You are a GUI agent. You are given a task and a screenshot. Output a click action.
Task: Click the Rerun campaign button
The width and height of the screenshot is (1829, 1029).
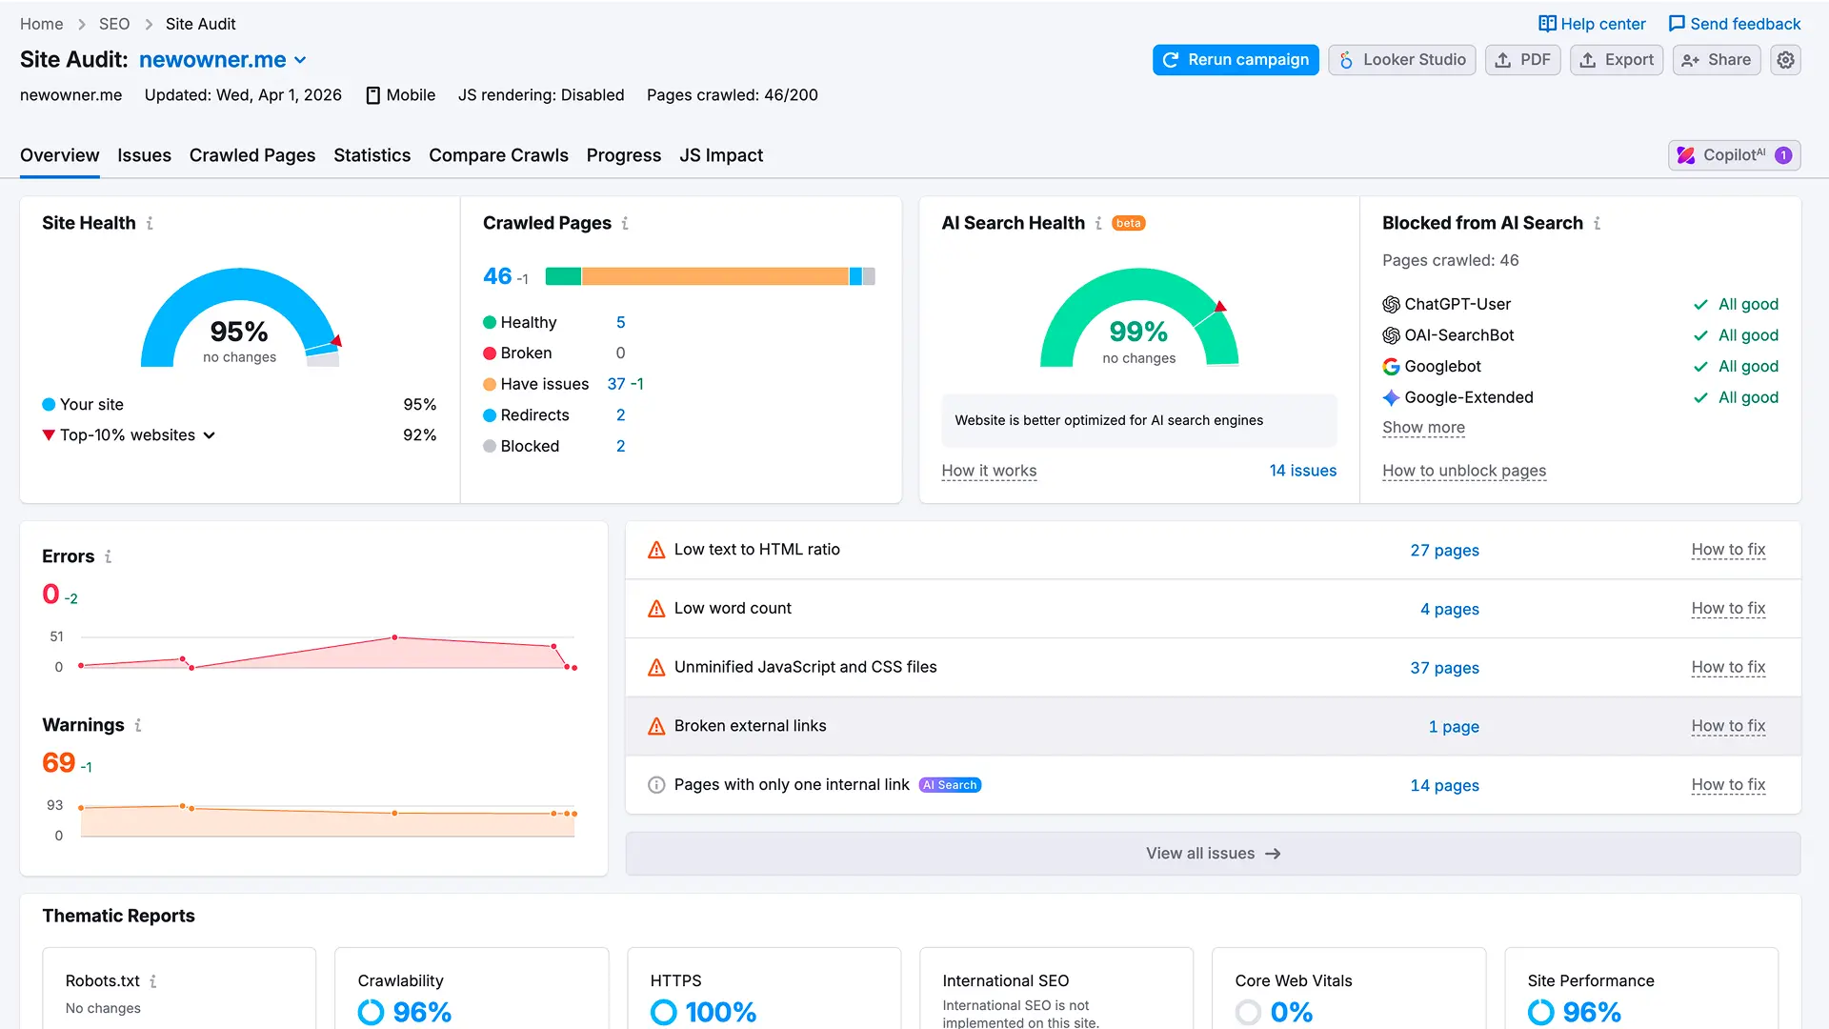pos(1236,60)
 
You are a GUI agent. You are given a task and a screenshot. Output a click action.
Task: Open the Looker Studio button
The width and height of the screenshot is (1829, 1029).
pos(1402,60)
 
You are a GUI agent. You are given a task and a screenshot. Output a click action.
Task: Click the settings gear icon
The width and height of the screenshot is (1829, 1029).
pos(1785,60)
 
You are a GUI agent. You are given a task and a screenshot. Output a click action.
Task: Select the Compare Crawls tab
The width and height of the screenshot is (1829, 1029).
pos(498,155)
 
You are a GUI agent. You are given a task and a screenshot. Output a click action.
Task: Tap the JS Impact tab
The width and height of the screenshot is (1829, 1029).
pos(721,155)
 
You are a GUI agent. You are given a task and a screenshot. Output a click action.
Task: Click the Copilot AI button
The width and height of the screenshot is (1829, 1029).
pos(1734,155)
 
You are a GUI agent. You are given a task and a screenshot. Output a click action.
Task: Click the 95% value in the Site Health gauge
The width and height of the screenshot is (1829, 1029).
pos(239,332)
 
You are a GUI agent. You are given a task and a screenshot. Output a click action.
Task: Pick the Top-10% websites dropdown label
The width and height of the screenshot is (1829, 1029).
pos(129,435)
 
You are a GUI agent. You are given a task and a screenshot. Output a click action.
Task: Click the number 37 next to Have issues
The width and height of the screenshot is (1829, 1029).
pos(616,384)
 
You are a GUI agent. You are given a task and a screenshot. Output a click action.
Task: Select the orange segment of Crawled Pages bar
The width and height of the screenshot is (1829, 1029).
pos(714,276)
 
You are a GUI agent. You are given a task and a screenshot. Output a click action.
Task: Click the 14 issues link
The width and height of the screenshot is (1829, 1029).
pos(1302,471)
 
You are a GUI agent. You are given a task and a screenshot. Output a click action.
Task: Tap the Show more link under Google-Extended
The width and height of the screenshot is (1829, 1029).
pos(1423,428)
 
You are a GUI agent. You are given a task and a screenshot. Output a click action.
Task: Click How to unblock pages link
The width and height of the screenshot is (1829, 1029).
pos(1463,471)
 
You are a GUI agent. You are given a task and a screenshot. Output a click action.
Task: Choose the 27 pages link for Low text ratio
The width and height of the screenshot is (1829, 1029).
pos(1444,551)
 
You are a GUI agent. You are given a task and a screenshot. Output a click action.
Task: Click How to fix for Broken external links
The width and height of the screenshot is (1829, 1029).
pos(1728,726)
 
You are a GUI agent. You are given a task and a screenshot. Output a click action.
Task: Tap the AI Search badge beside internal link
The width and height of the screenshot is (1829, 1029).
pos(950,785)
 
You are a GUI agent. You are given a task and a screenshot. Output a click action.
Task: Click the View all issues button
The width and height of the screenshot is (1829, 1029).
pos(1213,854)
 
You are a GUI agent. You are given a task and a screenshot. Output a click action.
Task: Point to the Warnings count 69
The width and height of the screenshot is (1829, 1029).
pos(58,763)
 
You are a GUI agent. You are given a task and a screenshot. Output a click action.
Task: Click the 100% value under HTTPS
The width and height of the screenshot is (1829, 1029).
pos(720,1012)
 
